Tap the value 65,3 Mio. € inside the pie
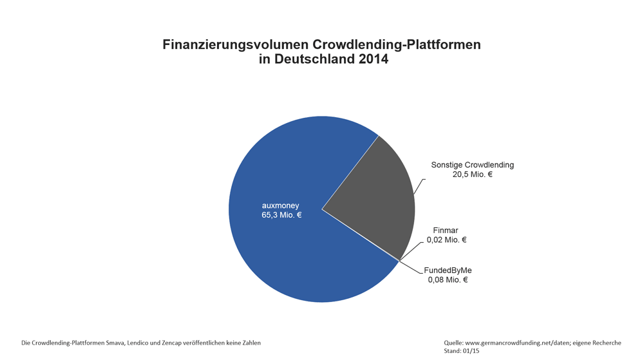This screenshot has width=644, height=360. pos(281,215)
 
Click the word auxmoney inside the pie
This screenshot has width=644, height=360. pos(280,205)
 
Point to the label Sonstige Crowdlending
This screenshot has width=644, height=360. pos(472,165)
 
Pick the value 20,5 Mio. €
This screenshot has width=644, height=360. pos(472,175)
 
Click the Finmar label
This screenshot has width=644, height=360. pos(446,230)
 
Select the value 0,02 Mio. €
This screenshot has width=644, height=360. pos(446,240)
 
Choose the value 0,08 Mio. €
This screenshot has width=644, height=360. pos(448,279)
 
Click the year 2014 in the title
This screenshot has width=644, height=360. pos(370,59)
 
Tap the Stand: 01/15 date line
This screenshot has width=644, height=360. pos(462,351)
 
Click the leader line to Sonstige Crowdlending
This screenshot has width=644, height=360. pos(419,186)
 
